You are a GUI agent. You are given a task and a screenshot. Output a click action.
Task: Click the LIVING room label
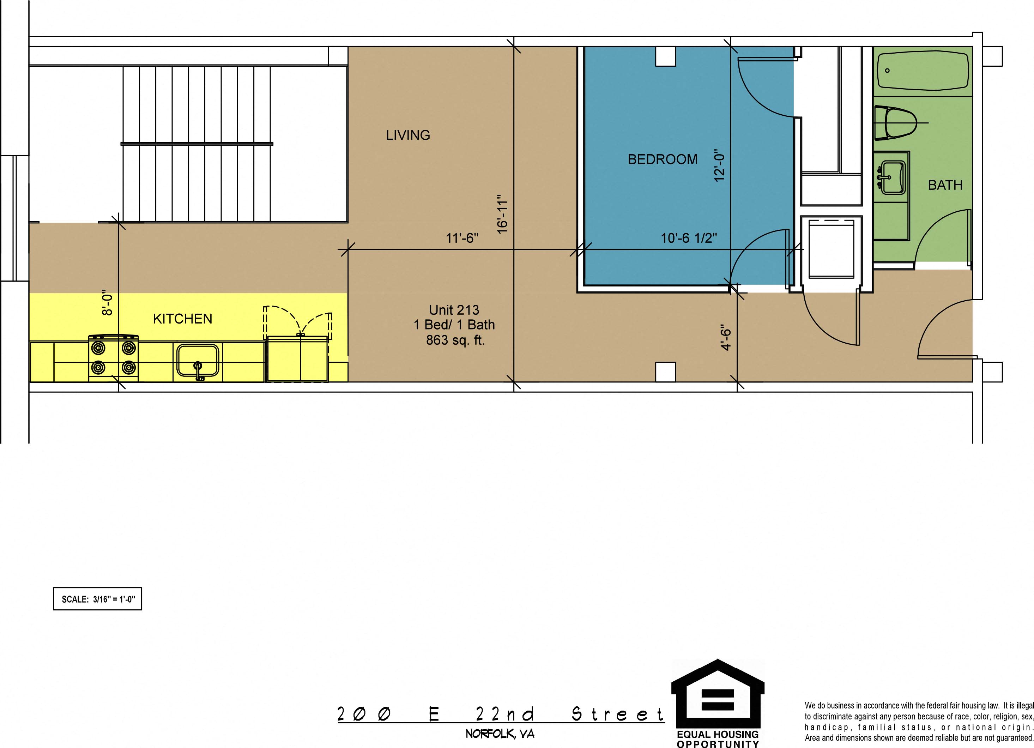pyautogui.click(x=408, y=135)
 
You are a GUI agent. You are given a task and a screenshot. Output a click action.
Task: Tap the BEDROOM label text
pyautogui.click(x=663, y=159)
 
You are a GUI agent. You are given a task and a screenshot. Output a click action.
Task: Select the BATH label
pyautogui.click(x=945, y=185)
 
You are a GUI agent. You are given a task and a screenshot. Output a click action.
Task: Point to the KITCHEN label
pyautogui.click(x=182, y=319)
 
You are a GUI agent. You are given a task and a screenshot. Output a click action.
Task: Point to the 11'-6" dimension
pyautogui.click(x=462, y=238)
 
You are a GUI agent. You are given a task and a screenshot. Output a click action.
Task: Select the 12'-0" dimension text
pyautogui.click(x=719, y=165)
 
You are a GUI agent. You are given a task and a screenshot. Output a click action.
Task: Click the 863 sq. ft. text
pyautogui.click(x=455, y=340)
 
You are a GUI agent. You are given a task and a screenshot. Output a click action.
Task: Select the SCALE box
pyautogui.click(x=98, y=599)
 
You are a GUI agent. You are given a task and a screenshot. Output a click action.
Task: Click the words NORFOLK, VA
pyautogui.click(x=500, y=734)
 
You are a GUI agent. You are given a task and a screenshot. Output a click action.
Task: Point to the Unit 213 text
pyautogui.click(x=454, y=310)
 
